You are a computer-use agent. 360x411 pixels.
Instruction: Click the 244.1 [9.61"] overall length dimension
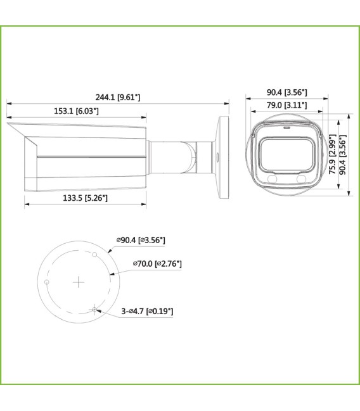click(x=117, y=97)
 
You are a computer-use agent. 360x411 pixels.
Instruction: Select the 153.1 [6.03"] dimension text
click(x=77, y=111)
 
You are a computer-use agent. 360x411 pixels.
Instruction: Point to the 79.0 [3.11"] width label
click(x=286, y=105)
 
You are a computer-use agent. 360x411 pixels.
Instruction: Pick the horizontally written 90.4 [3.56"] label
click(x=287, y=92)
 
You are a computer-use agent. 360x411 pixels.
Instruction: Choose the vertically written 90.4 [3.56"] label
click(x=344, y=155)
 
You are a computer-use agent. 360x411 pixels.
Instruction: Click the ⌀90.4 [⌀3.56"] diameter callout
click(x=141, y=240)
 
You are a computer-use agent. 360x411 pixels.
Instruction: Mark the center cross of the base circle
click(x=77, y=282)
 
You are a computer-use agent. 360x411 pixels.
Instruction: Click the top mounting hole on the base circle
click(x=94, y=255)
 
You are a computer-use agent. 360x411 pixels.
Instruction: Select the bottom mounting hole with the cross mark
click(x=94, y=309)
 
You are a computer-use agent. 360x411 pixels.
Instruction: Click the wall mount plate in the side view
click(x=223, y=155)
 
